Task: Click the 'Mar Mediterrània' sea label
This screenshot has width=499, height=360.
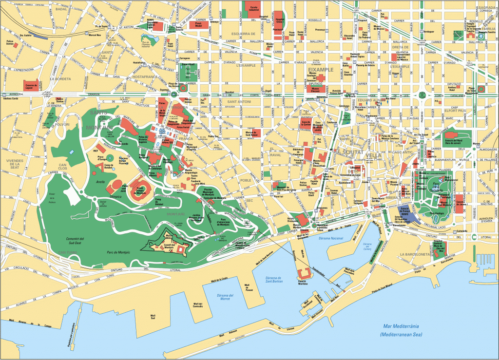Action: click(x=401, y=327)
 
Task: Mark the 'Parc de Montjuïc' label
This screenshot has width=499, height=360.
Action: click(x=117, y=252)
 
